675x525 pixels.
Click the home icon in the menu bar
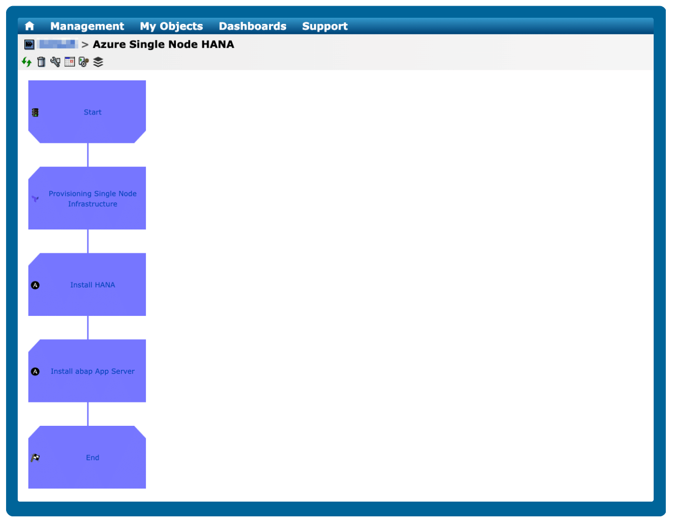29,26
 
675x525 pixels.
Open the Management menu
87,26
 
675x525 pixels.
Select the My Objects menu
171,26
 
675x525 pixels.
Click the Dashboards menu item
252,26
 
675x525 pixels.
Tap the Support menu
325,26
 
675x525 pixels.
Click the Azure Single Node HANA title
163,44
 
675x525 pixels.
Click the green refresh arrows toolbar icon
26,62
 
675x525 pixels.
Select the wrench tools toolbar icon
55,62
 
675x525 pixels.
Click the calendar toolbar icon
70,62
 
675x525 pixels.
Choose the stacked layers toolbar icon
98,62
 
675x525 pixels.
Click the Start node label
93,112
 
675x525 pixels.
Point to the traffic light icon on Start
35,112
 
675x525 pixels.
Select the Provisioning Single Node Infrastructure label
93,199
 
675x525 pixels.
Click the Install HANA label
93,285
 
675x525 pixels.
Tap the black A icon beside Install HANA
35,285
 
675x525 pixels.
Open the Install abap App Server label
93,371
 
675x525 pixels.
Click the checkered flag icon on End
35,458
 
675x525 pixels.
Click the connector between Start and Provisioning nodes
88,155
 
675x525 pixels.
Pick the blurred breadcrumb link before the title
57,44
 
